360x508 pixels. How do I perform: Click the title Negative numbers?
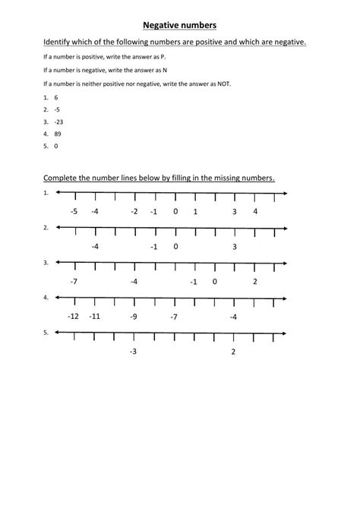tap(179, 24)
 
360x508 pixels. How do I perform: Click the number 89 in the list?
tap(58, 134)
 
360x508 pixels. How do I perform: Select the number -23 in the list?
tap(58, 121)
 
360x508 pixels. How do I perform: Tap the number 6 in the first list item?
tap(55, 98)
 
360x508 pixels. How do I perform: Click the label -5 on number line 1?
tap(74, 211)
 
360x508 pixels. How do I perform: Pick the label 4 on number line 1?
tap(255, 211)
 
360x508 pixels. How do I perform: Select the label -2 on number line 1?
tap(134, 211)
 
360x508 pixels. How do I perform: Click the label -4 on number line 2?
tap(95, 246)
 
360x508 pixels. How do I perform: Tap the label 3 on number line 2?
tap(235, 246)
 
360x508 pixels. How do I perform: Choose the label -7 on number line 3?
tap(74, 281)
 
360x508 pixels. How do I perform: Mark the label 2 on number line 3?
tap(255, 281)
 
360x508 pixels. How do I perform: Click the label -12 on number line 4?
tap(74, 316)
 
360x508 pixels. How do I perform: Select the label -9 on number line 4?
tap(134, 316)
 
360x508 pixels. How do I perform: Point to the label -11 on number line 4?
tap(94, 316)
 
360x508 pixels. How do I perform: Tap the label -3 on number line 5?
tap(134, 351)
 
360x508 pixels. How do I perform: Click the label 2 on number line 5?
tap(233, 351)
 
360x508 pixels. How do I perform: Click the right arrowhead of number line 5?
tap(283, 333)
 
